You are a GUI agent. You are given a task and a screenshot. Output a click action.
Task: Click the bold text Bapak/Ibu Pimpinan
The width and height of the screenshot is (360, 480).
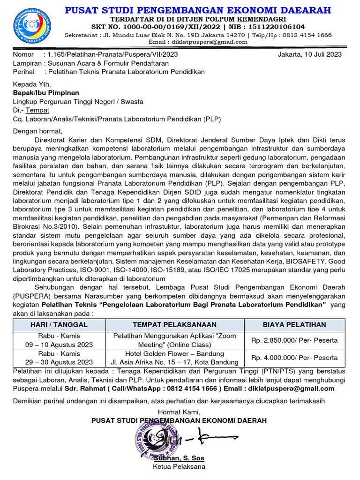tap(46, 93)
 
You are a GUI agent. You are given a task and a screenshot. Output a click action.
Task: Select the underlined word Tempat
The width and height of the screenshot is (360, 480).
tap(37, 110)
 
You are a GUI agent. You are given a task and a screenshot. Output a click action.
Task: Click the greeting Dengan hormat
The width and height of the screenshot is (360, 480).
tap(37, 131)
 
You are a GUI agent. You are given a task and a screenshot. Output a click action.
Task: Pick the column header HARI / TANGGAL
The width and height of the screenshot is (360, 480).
tap(59, 324)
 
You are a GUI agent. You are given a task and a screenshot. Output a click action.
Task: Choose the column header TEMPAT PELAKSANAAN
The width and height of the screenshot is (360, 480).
tap(174, 324)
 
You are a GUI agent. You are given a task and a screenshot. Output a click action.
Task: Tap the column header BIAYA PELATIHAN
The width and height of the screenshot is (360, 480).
tap(294, 324)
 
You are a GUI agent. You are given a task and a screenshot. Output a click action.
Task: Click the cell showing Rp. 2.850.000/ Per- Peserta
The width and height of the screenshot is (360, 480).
tap(294, 340)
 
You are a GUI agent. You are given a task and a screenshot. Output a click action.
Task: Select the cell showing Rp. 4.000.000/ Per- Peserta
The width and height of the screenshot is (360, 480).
tap(294, 358)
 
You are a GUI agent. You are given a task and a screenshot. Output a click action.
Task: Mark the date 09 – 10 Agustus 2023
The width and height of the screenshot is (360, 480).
tap(59, 345)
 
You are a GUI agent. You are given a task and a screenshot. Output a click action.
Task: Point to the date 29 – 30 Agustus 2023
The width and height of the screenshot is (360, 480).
tap(59, 362)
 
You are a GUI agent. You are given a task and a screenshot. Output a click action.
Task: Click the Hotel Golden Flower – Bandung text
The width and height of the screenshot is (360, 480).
tap(174, 353)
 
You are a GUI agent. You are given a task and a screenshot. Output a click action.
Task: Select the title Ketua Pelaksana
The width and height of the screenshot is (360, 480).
tap(179, 466)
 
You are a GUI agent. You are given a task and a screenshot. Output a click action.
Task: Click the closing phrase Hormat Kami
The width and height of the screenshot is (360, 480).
tap(179, 412)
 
